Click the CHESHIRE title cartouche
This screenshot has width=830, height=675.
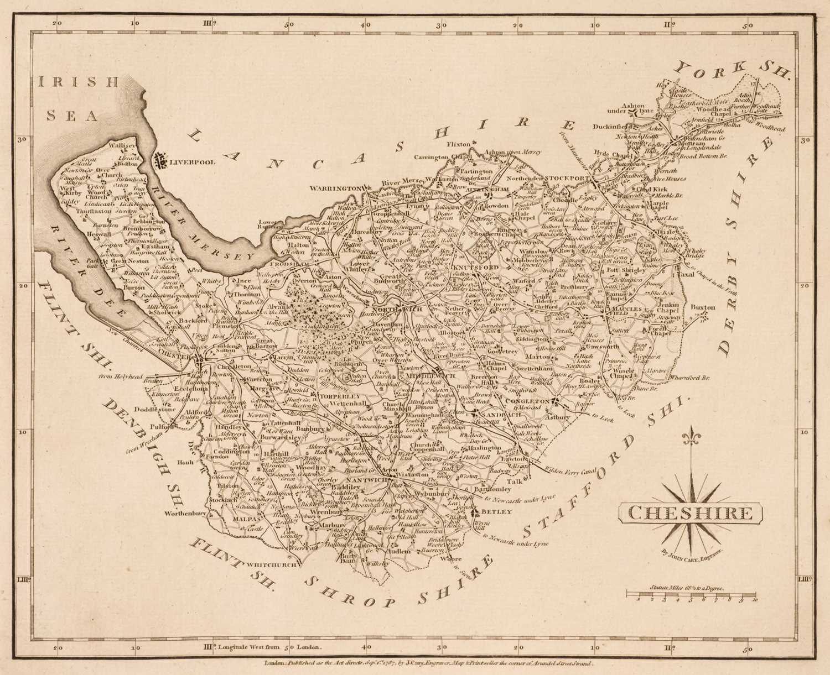point(690,512)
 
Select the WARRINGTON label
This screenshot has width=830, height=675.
point(335,189)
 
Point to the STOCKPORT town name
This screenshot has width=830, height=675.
point(568,179)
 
